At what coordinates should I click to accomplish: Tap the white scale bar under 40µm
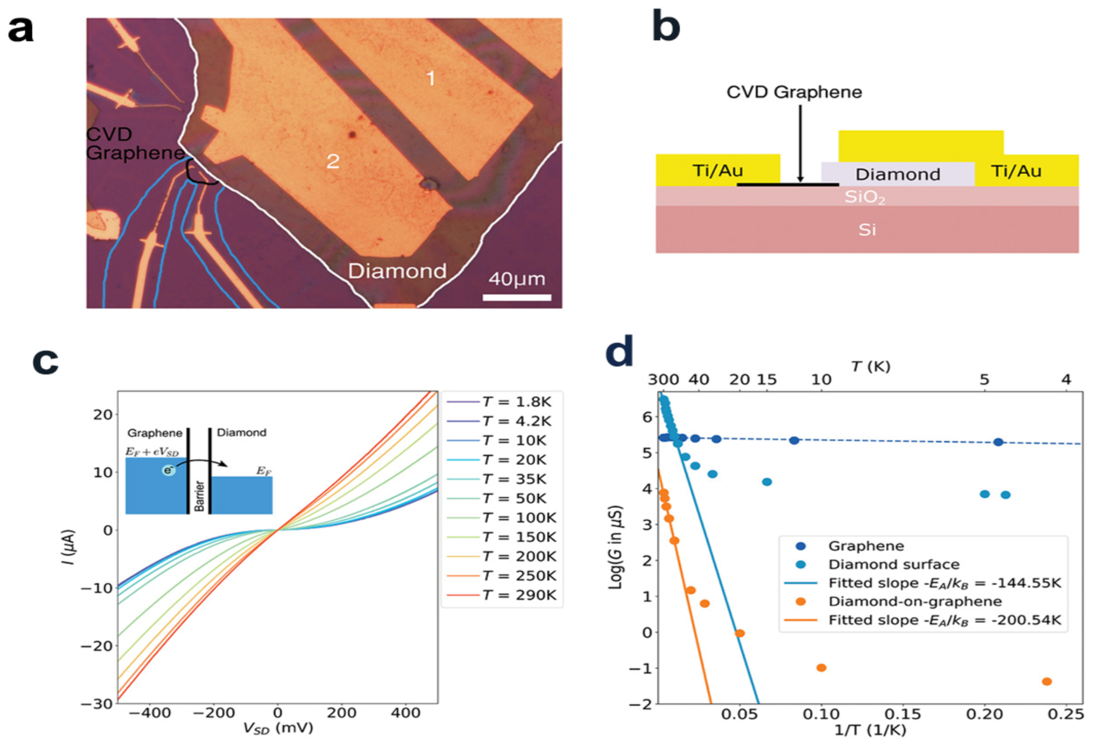517,297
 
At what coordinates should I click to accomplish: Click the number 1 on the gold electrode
431,79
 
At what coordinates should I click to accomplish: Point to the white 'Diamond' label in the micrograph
397,271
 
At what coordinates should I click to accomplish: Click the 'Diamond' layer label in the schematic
898,174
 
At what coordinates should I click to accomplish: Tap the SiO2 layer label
864,197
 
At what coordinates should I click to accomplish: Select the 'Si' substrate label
867,230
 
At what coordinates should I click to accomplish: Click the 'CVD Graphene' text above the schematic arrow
794,92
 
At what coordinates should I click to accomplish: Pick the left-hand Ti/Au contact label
718,170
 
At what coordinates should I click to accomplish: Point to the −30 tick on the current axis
97,704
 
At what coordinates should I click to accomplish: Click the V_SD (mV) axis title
278,729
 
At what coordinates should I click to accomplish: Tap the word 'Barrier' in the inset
200,496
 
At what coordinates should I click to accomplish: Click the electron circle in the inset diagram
168,470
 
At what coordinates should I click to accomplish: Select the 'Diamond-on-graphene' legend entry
915,601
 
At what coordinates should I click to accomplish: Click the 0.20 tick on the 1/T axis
984,714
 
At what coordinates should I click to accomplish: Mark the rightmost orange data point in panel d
1046,682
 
